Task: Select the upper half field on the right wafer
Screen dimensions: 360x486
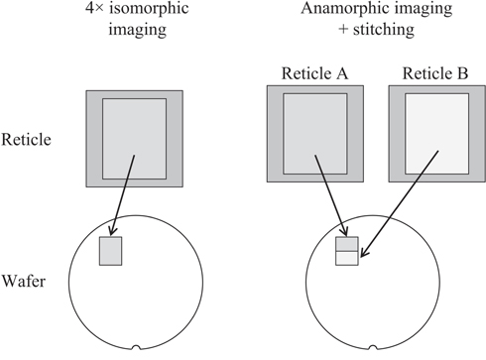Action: (x=347, y=244)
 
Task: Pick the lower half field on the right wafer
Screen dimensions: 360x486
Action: (x=347, y=258)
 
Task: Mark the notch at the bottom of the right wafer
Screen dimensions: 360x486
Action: (x=372, y=349)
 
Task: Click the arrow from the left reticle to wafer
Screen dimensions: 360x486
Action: (x=122, y=198)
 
